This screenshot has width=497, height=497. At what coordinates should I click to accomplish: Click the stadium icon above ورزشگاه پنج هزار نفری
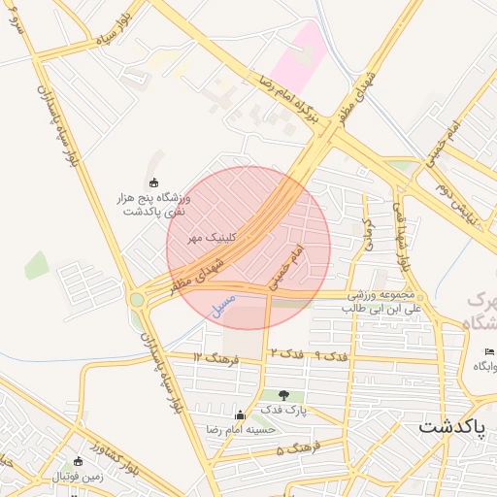pyautogui.click(x=152, y=182)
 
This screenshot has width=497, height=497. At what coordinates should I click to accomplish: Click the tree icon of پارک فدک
pyautogui.click(x=283, y=395)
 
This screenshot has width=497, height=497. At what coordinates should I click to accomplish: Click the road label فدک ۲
pyautogui.click(x=287, y=351)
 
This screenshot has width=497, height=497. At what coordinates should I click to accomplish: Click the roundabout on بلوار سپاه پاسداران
pyautogui.click(x=137, y=300)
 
